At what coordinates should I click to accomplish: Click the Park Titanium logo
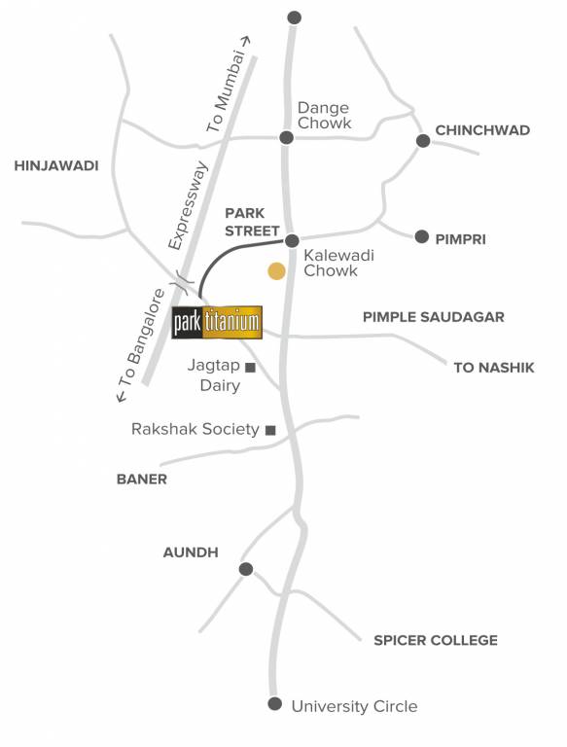[216, 323]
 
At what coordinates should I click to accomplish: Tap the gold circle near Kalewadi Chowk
[277, 271]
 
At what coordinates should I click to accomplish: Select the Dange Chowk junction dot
[286, 138]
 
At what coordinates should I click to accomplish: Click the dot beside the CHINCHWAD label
[423, 141]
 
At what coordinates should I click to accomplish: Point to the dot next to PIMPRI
[422, 236]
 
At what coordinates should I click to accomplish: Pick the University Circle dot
[275, 704]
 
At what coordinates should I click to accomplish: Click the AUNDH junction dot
[246, 569]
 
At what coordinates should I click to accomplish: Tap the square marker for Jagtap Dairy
[250, 367]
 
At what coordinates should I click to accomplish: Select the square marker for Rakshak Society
[270, 429]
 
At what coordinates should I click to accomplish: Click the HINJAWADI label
[56, 166]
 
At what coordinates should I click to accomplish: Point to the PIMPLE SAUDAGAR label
[434, 317]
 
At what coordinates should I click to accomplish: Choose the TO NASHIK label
[494, 367]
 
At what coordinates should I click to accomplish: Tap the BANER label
[142, 479]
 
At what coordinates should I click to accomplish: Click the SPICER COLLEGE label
[436, 640]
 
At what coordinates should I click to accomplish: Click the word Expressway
[189, 203]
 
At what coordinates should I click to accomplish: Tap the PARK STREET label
[252, 221]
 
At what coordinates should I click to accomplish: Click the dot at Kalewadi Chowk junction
[291, 239]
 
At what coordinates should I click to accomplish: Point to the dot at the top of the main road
[295, 18]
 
